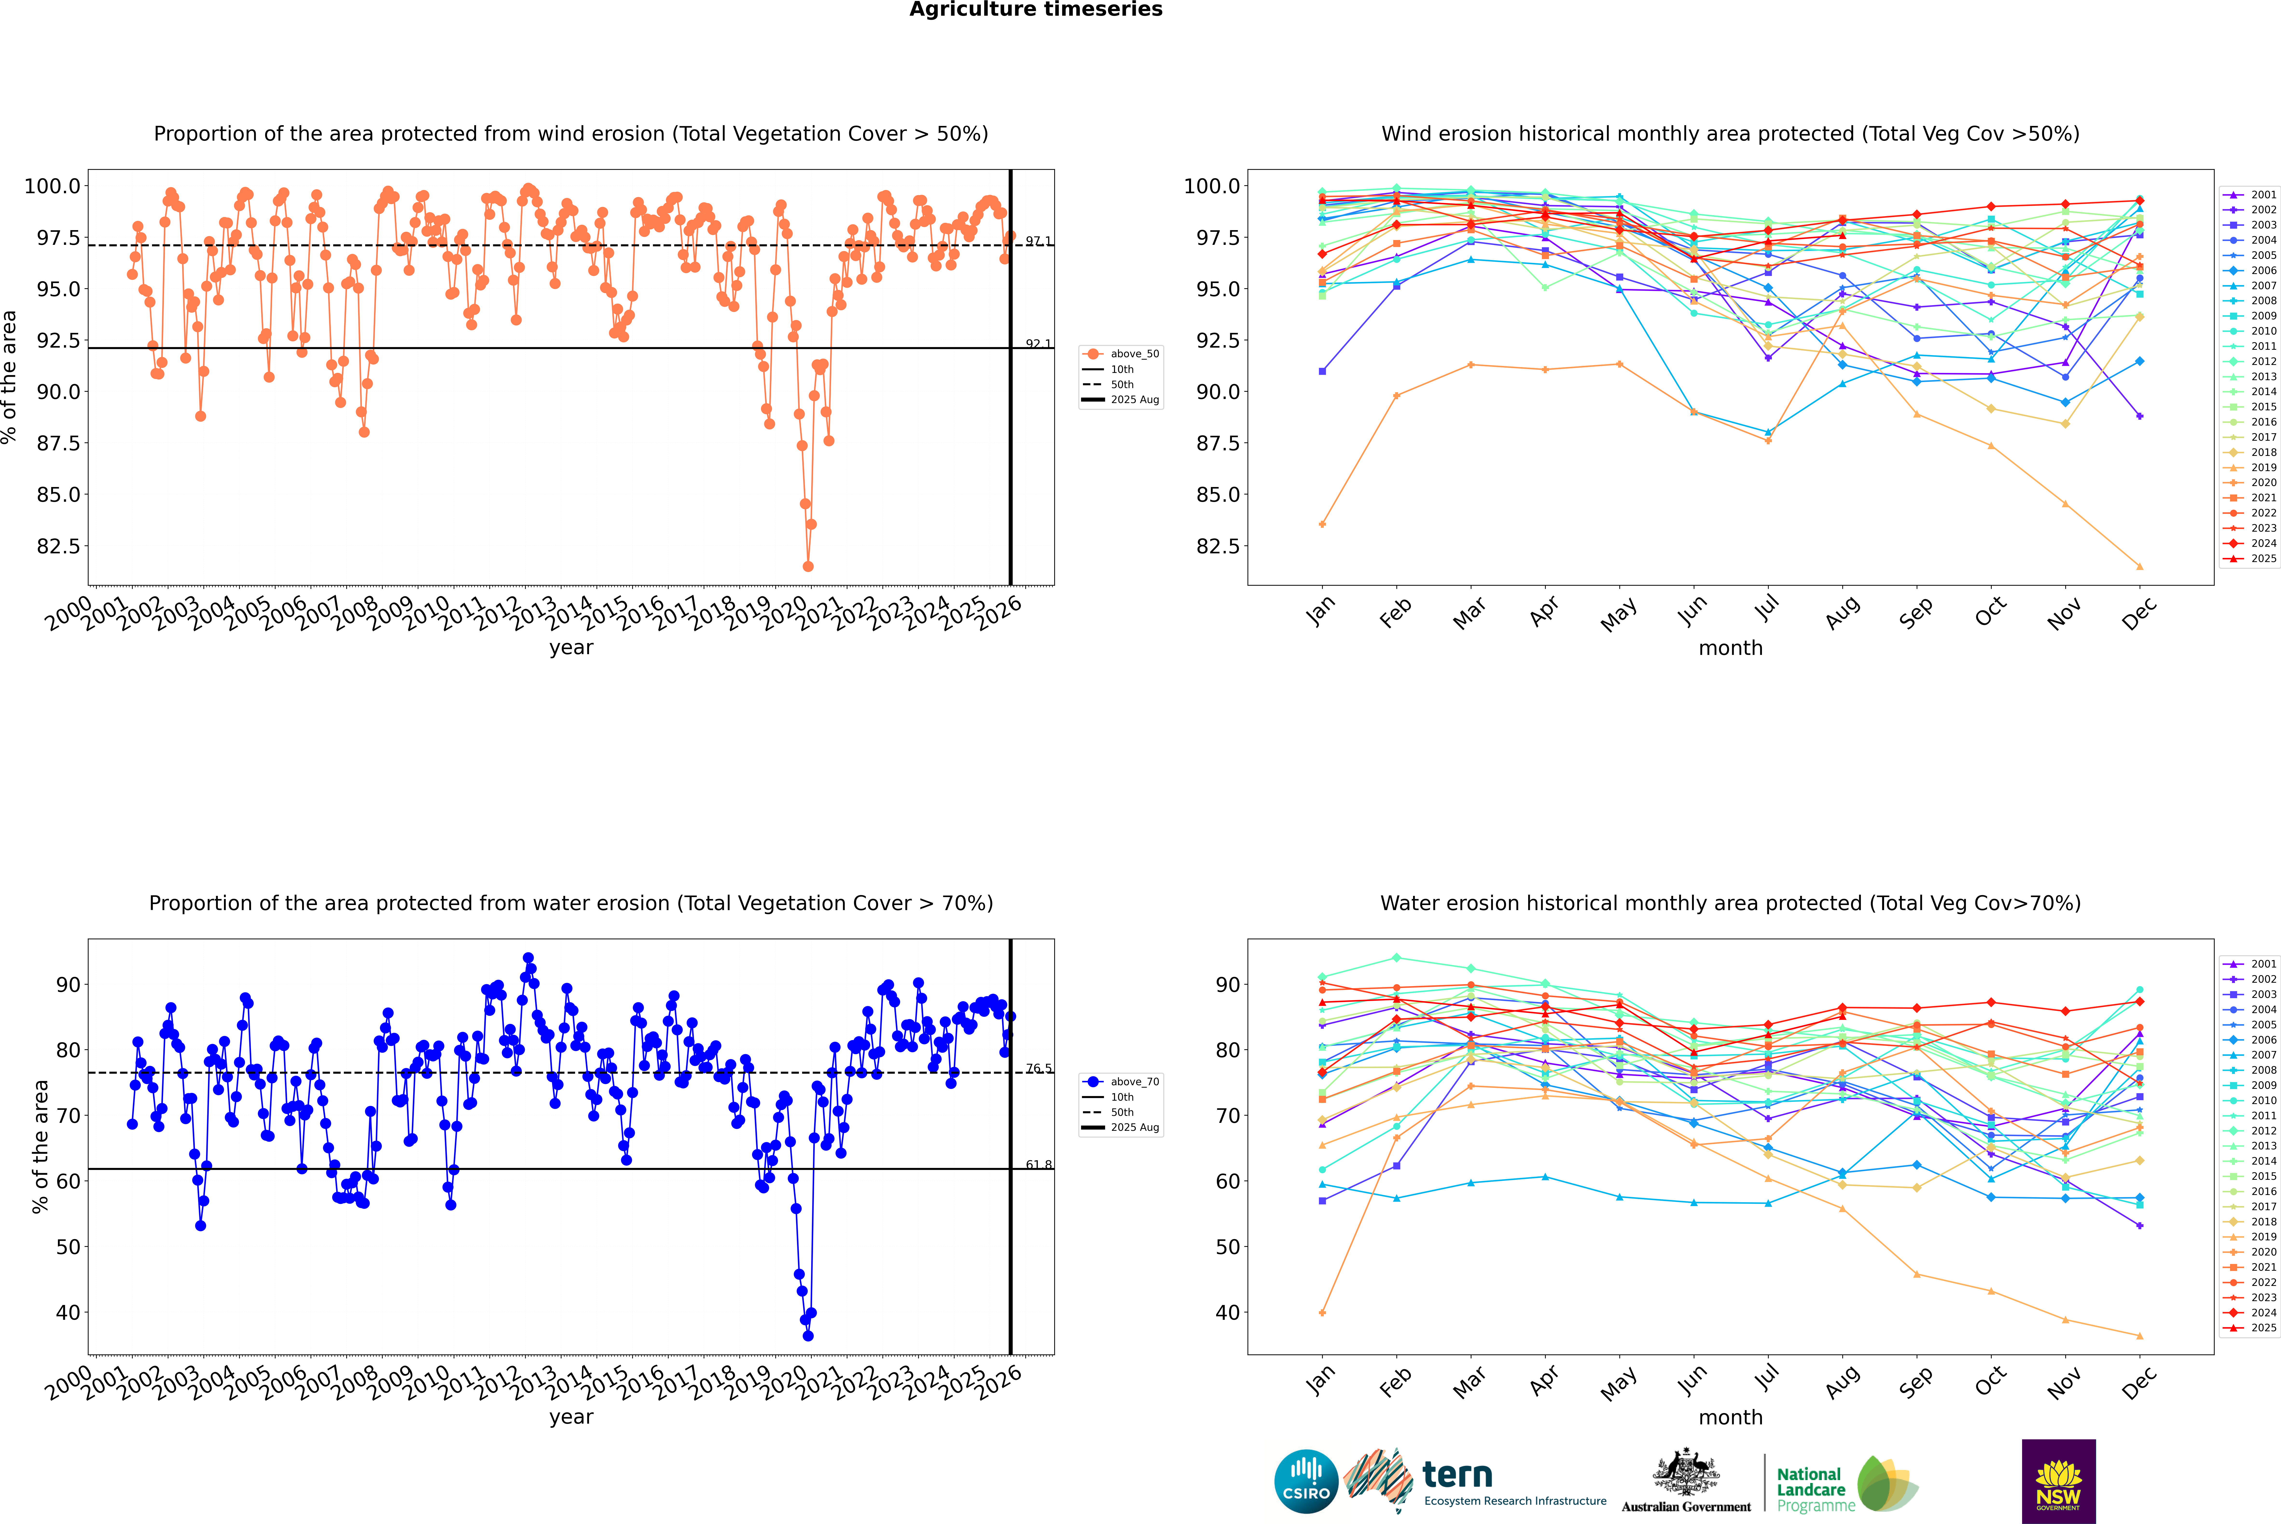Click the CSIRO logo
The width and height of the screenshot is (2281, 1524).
[x=1306, y=1481]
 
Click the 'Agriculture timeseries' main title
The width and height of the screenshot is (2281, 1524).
[x=1035, y=10]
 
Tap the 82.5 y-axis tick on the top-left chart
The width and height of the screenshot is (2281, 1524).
[x=58, y=546]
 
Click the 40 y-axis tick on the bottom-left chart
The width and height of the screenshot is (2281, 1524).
[x=68, y=1312]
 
